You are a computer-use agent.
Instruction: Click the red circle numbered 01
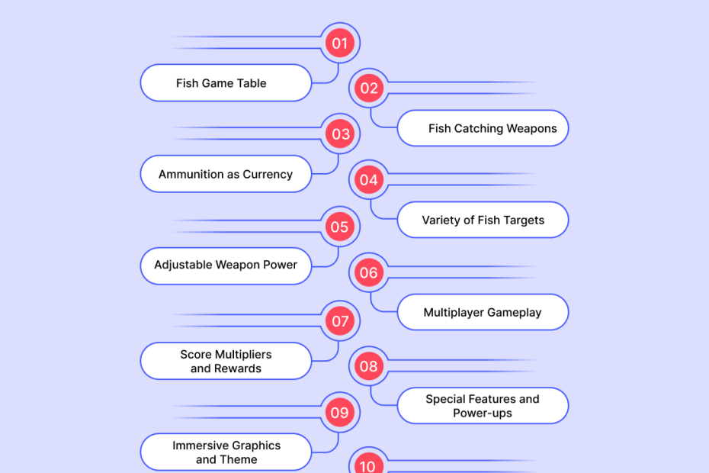[340, 43]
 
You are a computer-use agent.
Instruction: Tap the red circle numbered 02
[369, 88]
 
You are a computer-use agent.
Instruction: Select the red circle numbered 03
[340, 134]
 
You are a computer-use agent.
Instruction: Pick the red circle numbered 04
[369, 180]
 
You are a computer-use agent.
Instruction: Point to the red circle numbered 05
[340, 227]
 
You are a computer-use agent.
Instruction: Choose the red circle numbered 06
[369, 272]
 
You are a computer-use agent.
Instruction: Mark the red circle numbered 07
[340, 320]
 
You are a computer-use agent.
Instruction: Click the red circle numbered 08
[369, 366]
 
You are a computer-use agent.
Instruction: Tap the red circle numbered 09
[340, 413]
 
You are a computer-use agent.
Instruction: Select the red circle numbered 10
[369, 464]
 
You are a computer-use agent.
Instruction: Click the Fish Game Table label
[221, 83]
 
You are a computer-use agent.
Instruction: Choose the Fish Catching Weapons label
[492, 128]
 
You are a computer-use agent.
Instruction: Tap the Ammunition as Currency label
[226, 175]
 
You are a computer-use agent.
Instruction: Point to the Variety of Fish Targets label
[483, 220]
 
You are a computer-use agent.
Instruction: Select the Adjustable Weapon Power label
[226, 265]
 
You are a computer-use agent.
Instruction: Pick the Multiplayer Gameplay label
[483, 313]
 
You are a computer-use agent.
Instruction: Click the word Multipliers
[243, 355]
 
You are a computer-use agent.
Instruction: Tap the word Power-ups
[483, 413]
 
